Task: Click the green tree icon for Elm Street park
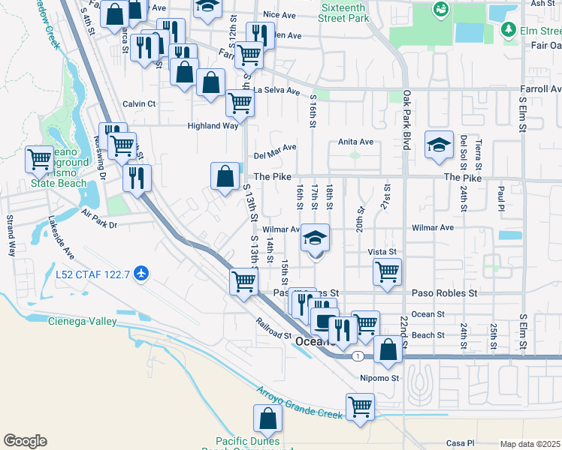coord(509,29)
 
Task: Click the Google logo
coord(25,441)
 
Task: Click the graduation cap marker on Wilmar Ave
coord(316,239)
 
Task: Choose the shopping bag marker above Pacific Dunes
coord(267,419)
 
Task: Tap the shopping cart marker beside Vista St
coord(387,272)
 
